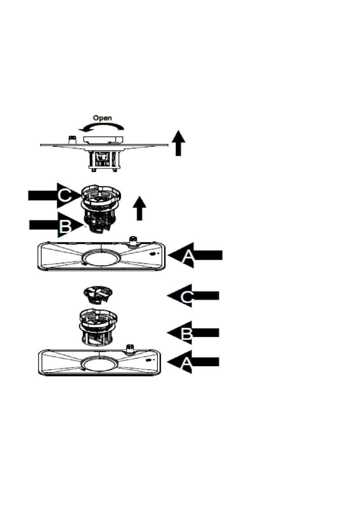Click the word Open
click(102, 118)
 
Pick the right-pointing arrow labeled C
click(54, 196)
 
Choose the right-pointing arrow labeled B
click(56, 225)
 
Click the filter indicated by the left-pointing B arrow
click(98, 327)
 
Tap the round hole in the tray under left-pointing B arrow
click(100, 363)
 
